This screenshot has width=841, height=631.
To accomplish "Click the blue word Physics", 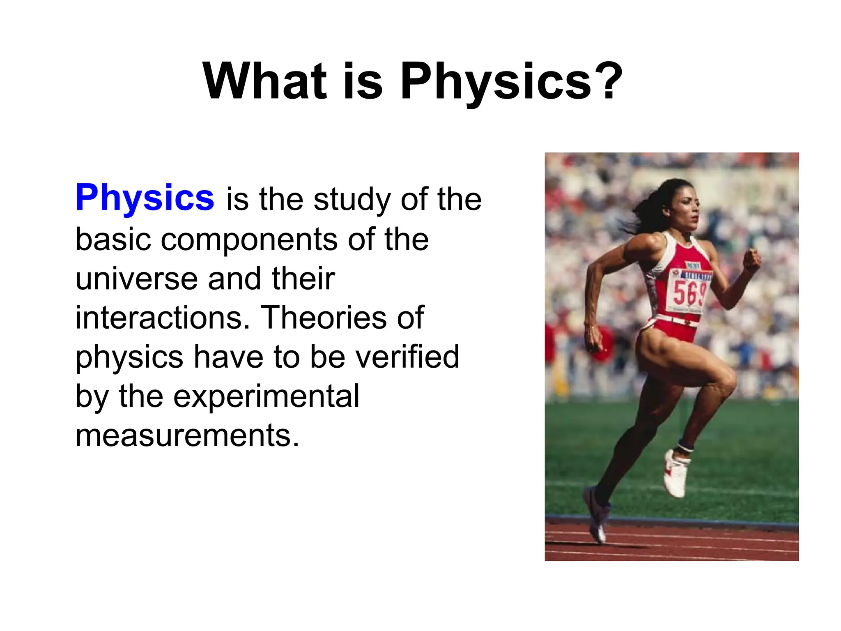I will (x=145, y=198).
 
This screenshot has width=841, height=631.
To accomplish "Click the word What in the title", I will (x=265, y=81).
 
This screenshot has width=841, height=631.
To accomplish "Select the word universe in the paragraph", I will (x=136, y=279).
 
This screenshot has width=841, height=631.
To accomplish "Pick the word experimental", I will (x=266, y=396).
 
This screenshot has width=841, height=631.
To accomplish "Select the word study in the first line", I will (x=351, y=200).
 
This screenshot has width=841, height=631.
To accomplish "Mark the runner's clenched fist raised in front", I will (x=752, y=260).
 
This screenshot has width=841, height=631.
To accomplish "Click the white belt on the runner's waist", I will (x=678, y=320).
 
